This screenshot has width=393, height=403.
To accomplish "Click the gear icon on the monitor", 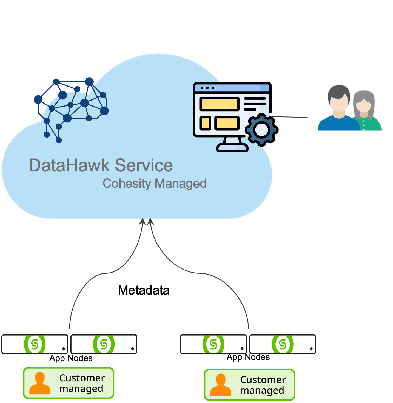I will (x=261, y=129).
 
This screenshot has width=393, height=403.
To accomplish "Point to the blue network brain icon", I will (x=71, y=107).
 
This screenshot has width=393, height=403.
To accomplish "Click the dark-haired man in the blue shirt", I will (x=339, y=110).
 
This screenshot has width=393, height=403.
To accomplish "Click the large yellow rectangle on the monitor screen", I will (x=219, y=104).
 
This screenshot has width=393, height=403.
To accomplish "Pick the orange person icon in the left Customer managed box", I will (x=40, y=383).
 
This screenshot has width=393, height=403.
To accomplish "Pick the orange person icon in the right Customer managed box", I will (x=221, y=385).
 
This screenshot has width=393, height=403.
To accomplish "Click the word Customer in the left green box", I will (x=82, y=378).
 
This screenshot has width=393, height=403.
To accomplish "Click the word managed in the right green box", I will (x=262, y=390).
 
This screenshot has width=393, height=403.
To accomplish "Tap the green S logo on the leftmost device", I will (x=35, y=344).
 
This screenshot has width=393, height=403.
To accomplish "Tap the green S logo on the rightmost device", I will (x=283, y=344).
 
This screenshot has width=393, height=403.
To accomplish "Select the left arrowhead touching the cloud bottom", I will (x=143, y=221).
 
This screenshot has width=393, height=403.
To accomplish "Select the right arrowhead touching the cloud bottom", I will (x=150, y=221).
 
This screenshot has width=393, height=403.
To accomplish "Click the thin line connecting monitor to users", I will (x=291, y=117).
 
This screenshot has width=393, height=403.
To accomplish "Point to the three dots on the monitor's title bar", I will (x=207, y=88).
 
